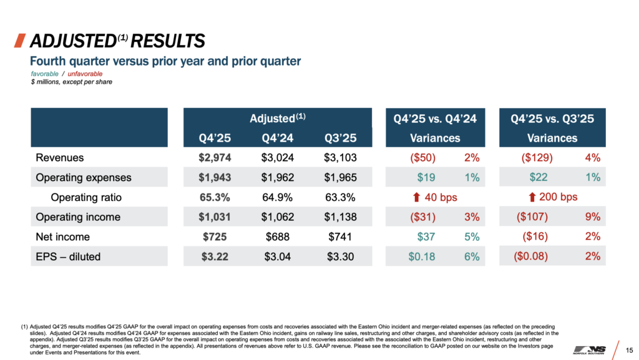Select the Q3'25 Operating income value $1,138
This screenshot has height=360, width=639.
coord(340,217)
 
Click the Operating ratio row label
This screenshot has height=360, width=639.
coord(87,197)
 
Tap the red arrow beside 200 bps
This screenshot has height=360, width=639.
coord(532,197)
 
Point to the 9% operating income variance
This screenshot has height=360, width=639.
coord(593,217)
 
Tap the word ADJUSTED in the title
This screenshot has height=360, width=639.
coord(70,42)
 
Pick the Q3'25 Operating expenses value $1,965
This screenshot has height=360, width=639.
coord(340,178)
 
